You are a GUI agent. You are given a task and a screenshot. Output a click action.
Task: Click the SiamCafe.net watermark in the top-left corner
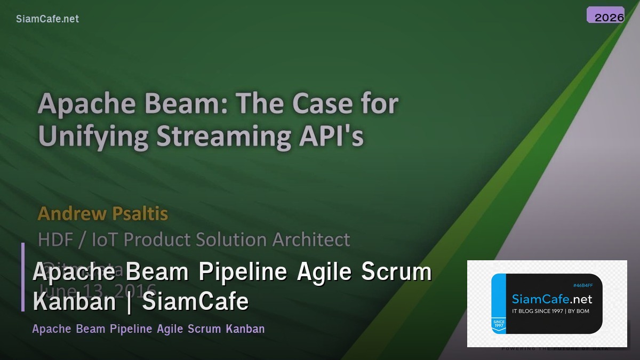click(47, 19)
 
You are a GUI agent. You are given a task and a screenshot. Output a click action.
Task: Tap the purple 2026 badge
click(605, 15)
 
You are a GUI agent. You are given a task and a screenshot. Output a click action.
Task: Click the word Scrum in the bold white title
click(396, 273)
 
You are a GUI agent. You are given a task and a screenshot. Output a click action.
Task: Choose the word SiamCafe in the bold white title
click(196, 302)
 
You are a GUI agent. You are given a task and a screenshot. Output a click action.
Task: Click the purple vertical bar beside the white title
click(23, 277)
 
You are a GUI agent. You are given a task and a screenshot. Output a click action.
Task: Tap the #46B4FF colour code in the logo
click(582, 285)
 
